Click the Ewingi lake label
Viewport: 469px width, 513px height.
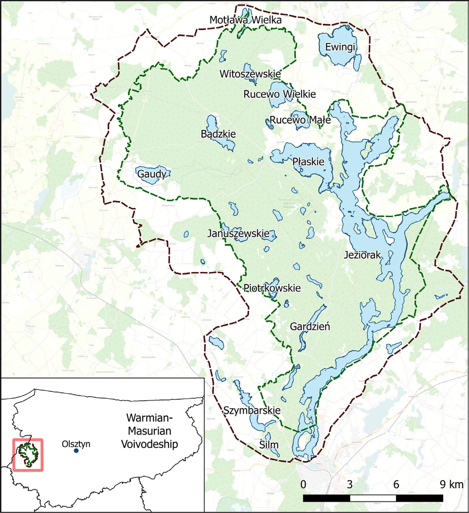tap(340, 47)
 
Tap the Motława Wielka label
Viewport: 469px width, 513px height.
tap(245, 20)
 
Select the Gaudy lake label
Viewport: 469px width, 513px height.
tap(152, 174)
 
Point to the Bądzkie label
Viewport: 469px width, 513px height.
tap(218, 134)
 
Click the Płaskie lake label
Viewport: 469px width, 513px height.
tap(308, 161)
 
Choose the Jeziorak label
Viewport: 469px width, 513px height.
tap(362, 255)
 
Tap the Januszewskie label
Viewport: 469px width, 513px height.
tap(238, 233)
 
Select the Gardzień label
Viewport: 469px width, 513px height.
tap(310, 327)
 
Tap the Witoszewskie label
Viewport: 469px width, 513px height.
tap(250, 74)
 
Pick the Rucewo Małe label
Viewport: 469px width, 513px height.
tap(300, 120)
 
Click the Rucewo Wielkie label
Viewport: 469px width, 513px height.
tap(279, 94)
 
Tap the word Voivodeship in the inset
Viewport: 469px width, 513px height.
tap(149, 444)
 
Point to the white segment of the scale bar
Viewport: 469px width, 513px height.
tap(373, 498)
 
